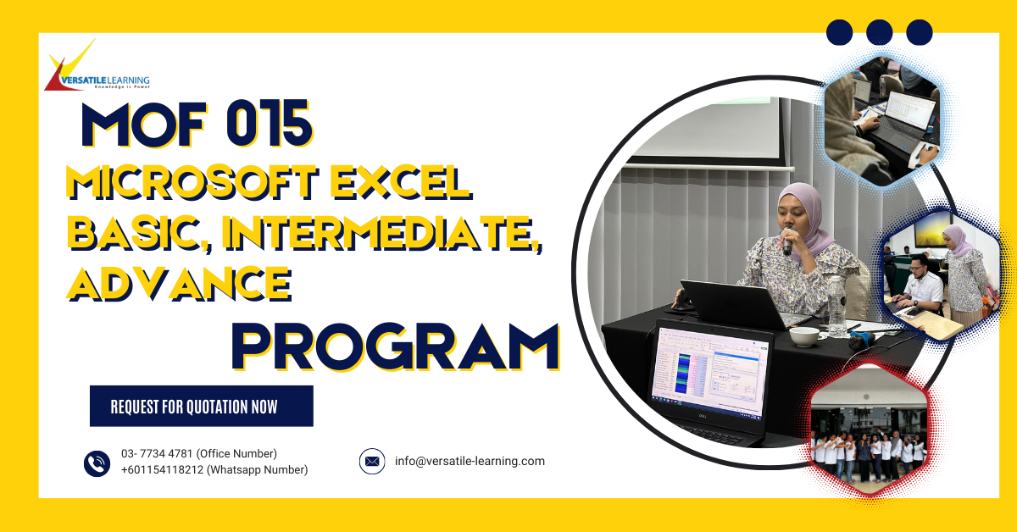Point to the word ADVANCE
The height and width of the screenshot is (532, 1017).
[179, 283]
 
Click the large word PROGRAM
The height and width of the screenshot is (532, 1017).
[396, 345]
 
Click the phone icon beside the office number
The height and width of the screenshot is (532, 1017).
[97, 463]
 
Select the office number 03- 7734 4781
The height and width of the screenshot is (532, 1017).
[158, 454]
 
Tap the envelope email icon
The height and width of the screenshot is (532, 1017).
[372, 462]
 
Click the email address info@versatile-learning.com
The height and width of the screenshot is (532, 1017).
[470, 462]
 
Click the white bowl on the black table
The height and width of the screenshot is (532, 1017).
[803, 337]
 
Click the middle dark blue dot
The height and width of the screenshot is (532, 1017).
[880, 32]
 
